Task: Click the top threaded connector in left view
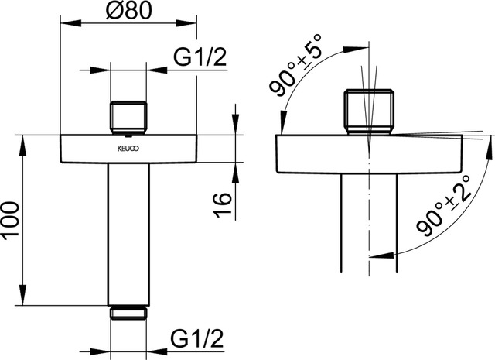click(129, 115)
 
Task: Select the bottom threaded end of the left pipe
click(129, 312)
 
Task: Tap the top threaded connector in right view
click(369, 111)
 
